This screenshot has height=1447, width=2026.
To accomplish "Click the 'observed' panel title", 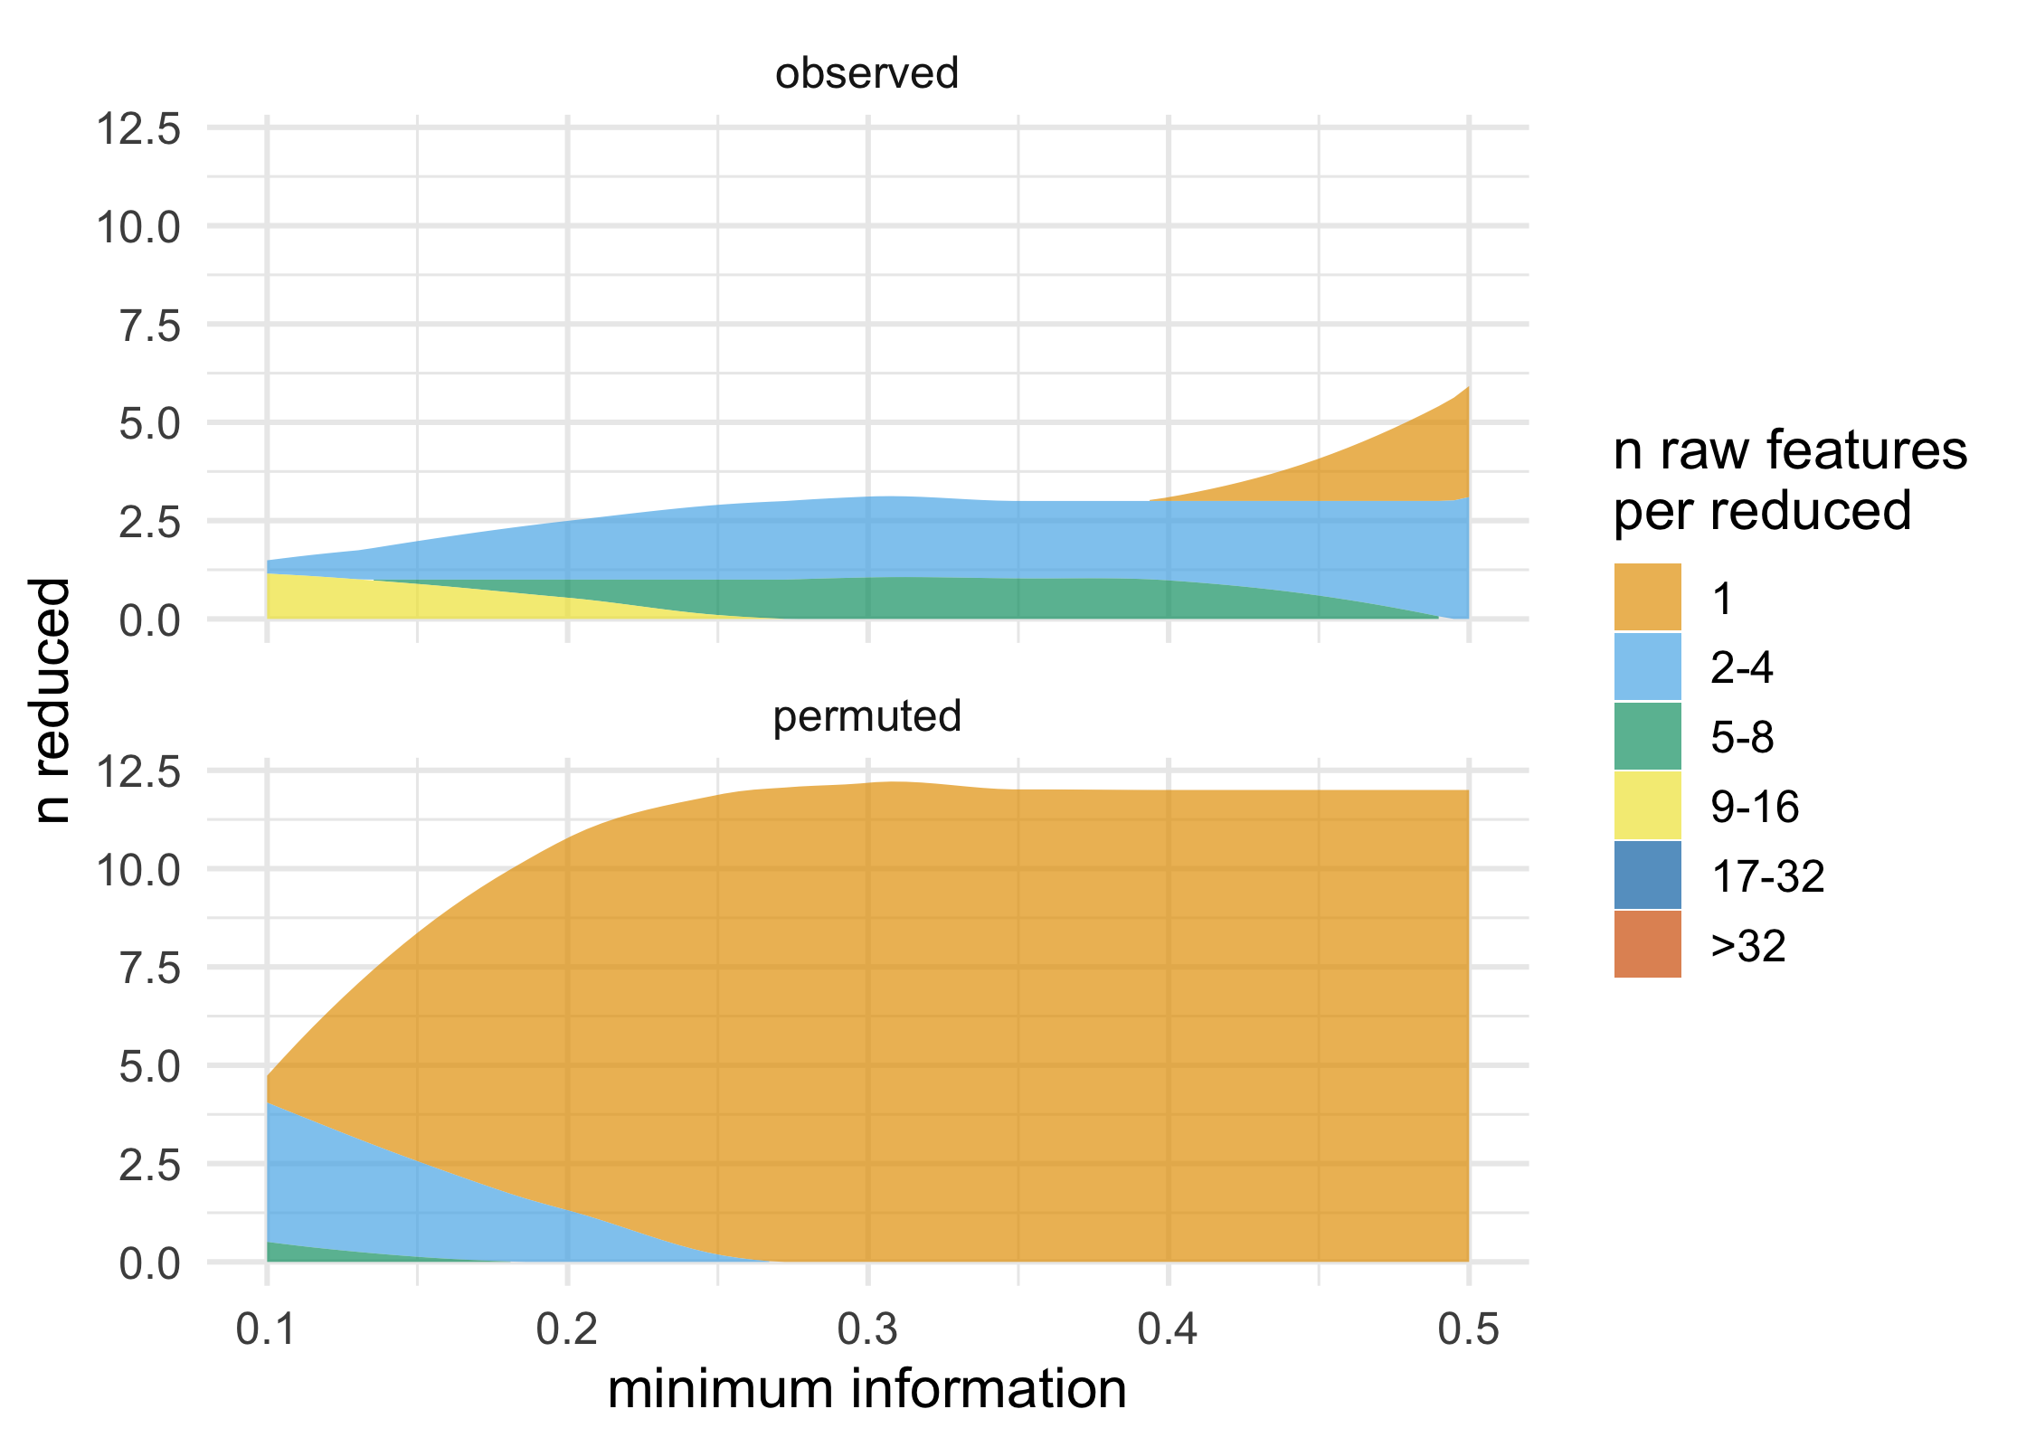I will (x=866, y=73).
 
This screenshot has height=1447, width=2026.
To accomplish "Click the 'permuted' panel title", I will (x=866, y=716).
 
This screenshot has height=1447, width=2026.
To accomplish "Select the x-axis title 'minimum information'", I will (x=866, y=1389).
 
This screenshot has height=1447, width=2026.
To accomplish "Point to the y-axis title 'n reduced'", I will (x=52, y=701).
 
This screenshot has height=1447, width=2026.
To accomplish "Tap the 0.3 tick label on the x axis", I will (x=867, y=1330).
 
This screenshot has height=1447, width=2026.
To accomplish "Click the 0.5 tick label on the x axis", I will (x=1468, y=1330).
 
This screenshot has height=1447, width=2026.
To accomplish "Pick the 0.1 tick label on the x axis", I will (x=266, y=1330).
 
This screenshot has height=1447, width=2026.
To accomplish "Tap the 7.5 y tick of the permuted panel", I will (x=150, y=969).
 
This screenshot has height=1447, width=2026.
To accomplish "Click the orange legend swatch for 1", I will (x=1647, y=597).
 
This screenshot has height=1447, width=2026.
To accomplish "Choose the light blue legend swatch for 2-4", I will (x=1647, y=667).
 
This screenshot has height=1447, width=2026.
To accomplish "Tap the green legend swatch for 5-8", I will (x=1647, y=736).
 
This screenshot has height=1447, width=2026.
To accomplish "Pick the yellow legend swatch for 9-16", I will (x=1647, y=806).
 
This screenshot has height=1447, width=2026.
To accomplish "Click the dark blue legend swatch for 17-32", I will (x=1647, y=875).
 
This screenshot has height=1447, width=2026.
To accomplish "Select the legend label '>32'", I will (x=1747, y=946).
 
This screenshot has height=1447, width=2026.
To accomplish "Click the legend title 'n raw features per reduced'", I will (x=1788, y=480).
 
